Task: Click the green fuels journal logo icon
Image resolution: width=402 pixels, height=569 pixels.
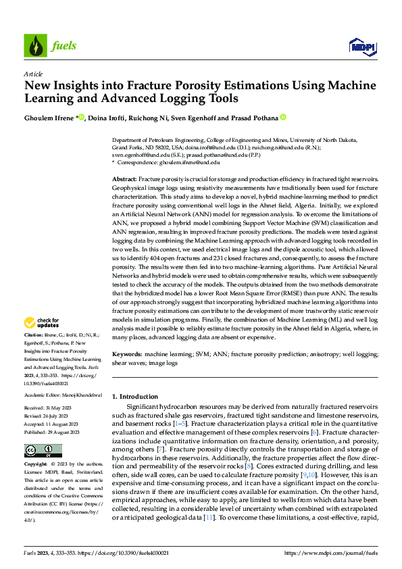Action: click(34, 45)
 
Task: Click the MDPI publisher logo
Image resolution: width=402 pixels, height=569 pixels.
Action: click(362, 45)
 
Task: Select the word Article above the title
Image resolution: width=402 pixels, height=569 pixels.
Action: click(32, 74)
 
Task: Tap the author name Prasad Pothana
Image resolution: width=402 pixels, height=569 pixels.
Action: click(254, 118)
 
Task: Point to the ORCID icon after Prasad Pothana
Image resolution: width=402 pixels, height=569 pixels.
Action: click(284, 117)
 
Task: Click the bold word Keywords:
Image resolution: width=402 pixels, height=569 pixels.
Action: click(126, 353)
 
